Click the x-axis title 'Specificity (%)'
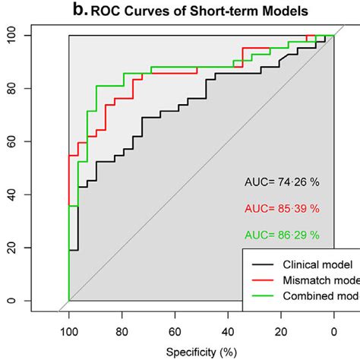click(201, 352)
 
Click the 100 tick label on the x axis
click(69, 331)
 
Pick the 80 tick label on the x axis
click(122, 331)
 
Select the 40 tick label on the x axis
click(228, 331)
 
